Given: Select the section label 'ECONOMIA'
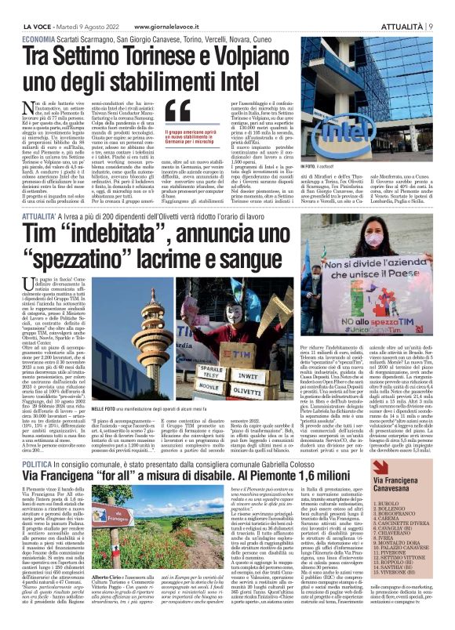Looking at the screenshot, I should [38, 37].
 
